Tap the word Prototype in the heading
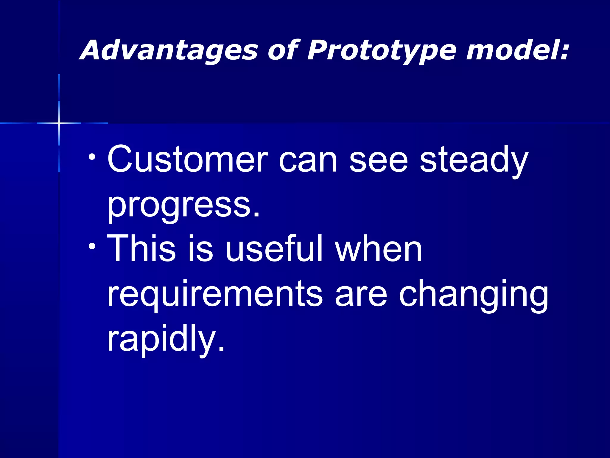tap(381, 51)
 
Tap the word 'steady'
tap(474, 161)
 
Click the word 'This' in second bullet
tap(141, 248)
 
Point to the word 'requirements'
tap(214, 294)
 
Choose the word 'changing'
tap(474, 295)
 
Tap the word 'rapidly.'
tap(166, 340)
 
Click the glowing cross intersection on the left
tap(59, 123)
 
